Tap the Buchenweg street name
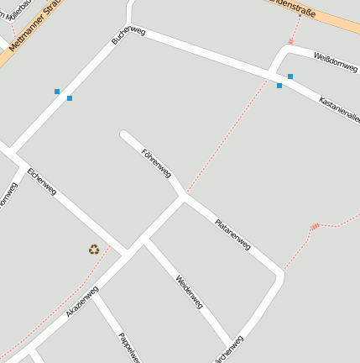tap(128, 36)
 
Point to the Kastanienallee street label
tap(339, 110)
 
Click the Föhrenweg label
tap(157, 162)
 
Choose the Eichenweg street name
tap(42, 182)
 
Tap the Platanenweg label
tap(232, 234)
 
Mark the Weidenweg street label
tap(190, 292)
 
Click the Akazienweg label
tap(82, 301)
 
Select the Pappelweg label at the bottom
tap(128, 347)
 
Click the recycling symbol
tap(94, 249)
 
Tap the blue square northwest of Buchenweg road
tap(57, 91)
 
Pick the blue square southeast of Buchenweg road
tap(70, 98)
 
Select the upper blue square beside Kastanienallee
tap(290, 76)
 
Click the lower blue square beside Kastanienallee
tap(279, 85)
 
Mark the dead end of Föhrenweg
tap(124, 134)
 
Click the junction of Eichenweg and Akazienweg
tap(126, 253)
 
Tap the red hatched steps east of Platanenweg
tap(315, 226)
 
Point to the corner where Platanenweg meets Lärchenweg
tap(279, 273)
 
